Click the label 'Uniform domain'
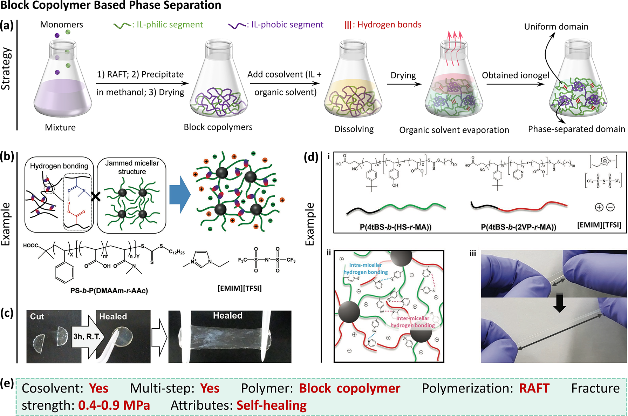[556, 27]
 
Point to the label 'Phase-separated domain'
[576, 129]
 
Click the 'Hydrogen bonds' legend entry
[383, 25]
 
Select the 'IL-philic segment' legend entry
[159, 25]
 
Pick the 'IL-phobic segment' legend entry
[276, 25]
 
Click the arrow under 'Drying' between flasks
[404, 84]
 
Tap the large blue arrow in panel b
[180, 195]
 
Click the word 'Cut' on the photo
[37, 316]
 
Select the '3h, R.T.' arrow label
[87, 336]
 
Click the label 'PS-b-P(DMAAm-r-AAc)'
[109, 291]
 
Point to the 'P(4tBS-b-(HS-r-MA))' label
[395, 227]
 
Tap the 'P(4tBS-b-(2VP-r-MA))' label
[518, 227]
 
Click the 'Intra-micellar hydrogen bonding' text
[366, 269]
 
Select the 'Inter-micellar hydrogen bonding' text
[412, 322]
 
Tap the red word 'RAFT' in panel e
[534, 388]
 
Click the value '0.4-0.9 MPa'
[114, 405]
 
